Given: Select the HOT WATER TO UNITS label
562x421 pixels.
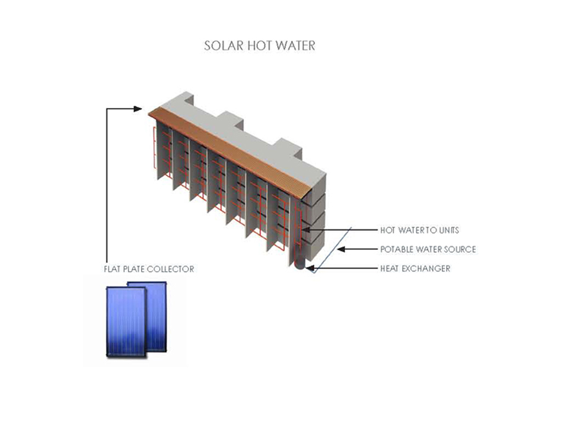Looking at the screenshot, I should click(x=420, y=231).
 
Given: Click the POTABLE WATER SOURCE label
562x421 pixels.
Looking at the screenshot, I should click(x=428, y=249).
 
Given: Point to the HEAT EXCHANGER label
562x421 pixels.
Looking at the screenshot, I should click(x=415, y=269).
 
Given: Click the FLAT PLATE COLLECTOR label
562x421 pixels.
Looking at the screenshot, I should click(x=149, y=269).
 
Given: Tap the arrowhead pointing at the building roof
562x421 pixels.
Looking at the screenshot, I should click(x=140, y=108).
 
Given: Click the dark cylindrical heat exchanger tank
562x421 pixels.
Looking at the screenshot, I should click(x=300, y=264).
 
